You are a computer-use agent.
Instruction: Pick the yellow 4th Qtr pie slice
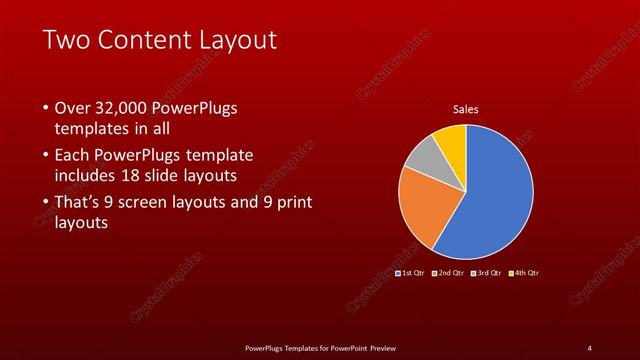452,141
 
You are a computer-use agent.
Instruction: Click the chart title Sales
465,109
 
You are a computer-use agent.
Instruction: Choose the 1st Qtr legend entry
411,273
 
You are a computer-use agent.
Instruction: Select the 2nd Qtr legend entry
449,273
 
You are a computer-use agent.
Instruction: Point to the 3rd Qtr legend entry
486,273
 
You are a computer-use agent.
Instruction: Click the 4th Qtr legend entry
523,273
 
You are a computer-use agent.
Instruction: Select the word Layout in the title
239,41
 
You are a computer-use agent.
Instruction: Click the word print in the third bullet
293,203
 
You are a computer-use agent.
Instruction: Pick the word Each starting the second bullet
73,156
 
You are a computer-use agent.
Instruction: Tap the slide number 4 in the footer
589,348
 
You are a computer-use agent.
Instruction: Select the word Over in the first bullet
73,108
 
